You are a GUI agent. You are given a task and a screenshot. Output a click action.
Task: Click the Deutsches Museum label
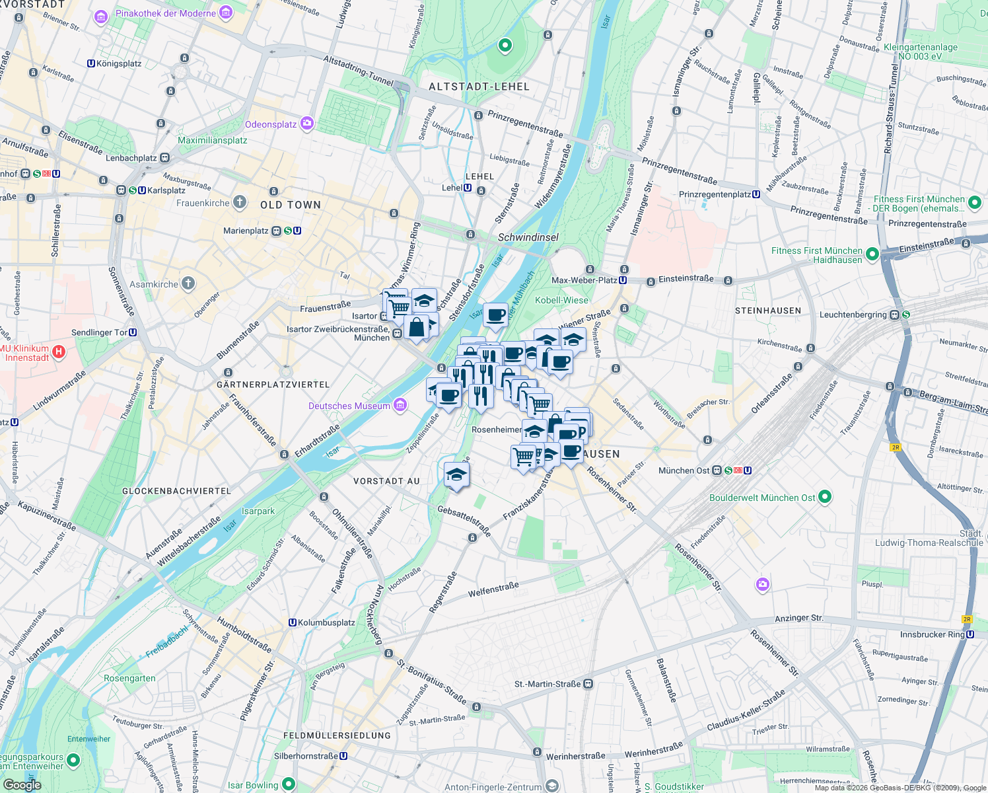[349, 406]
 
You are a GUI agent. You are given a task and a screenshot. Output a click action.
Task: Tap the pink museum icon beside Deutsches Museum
[400, 405]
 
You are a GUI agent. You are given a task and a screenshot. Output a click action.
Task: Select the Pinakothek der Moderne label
[166, 13]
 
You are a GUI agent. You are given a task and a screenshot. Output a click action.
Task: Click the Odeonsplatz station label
[271, 124]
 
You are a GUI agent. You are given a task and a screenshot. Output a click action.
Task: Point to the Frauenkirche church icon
[240, 202]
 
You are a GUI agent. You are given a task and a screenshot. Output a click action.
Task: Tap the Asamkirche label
[154, 284]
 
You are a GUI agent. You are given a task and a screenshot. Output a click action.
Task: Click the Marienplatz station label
[246, 231]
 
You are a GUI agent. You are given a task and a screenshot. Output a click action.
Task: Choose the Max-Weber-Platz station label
[584, 280]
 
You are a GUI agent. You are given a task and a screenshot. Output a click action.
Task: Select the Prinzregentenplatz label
[715, 194]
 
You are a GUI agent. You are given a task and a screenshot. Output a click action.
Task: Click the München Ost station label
[684, 471]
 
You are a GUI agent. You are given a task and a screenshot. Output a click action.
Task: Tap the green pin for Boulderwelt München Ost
[824, 497]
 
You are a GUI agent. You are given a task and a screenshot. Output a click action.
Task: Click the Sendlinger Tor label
[99, 332]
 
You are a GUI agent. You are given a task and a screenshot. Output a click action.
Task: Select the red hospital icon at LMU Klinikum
[59, 352]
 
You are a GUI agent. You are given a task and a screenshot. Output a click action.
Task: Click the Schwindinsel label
[528, 237]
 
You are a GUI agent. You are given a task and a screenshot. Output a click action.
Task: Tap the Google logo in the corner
[22, 785]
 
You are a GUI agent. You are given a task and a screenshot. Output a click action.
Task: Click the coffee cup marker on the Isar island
[495, 315]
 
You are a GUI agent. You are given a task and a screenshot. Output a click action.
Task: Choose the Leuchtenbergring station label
[853, 315]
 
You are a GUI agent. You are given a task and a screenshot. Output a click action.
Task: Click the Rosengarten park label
[129, 679]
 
